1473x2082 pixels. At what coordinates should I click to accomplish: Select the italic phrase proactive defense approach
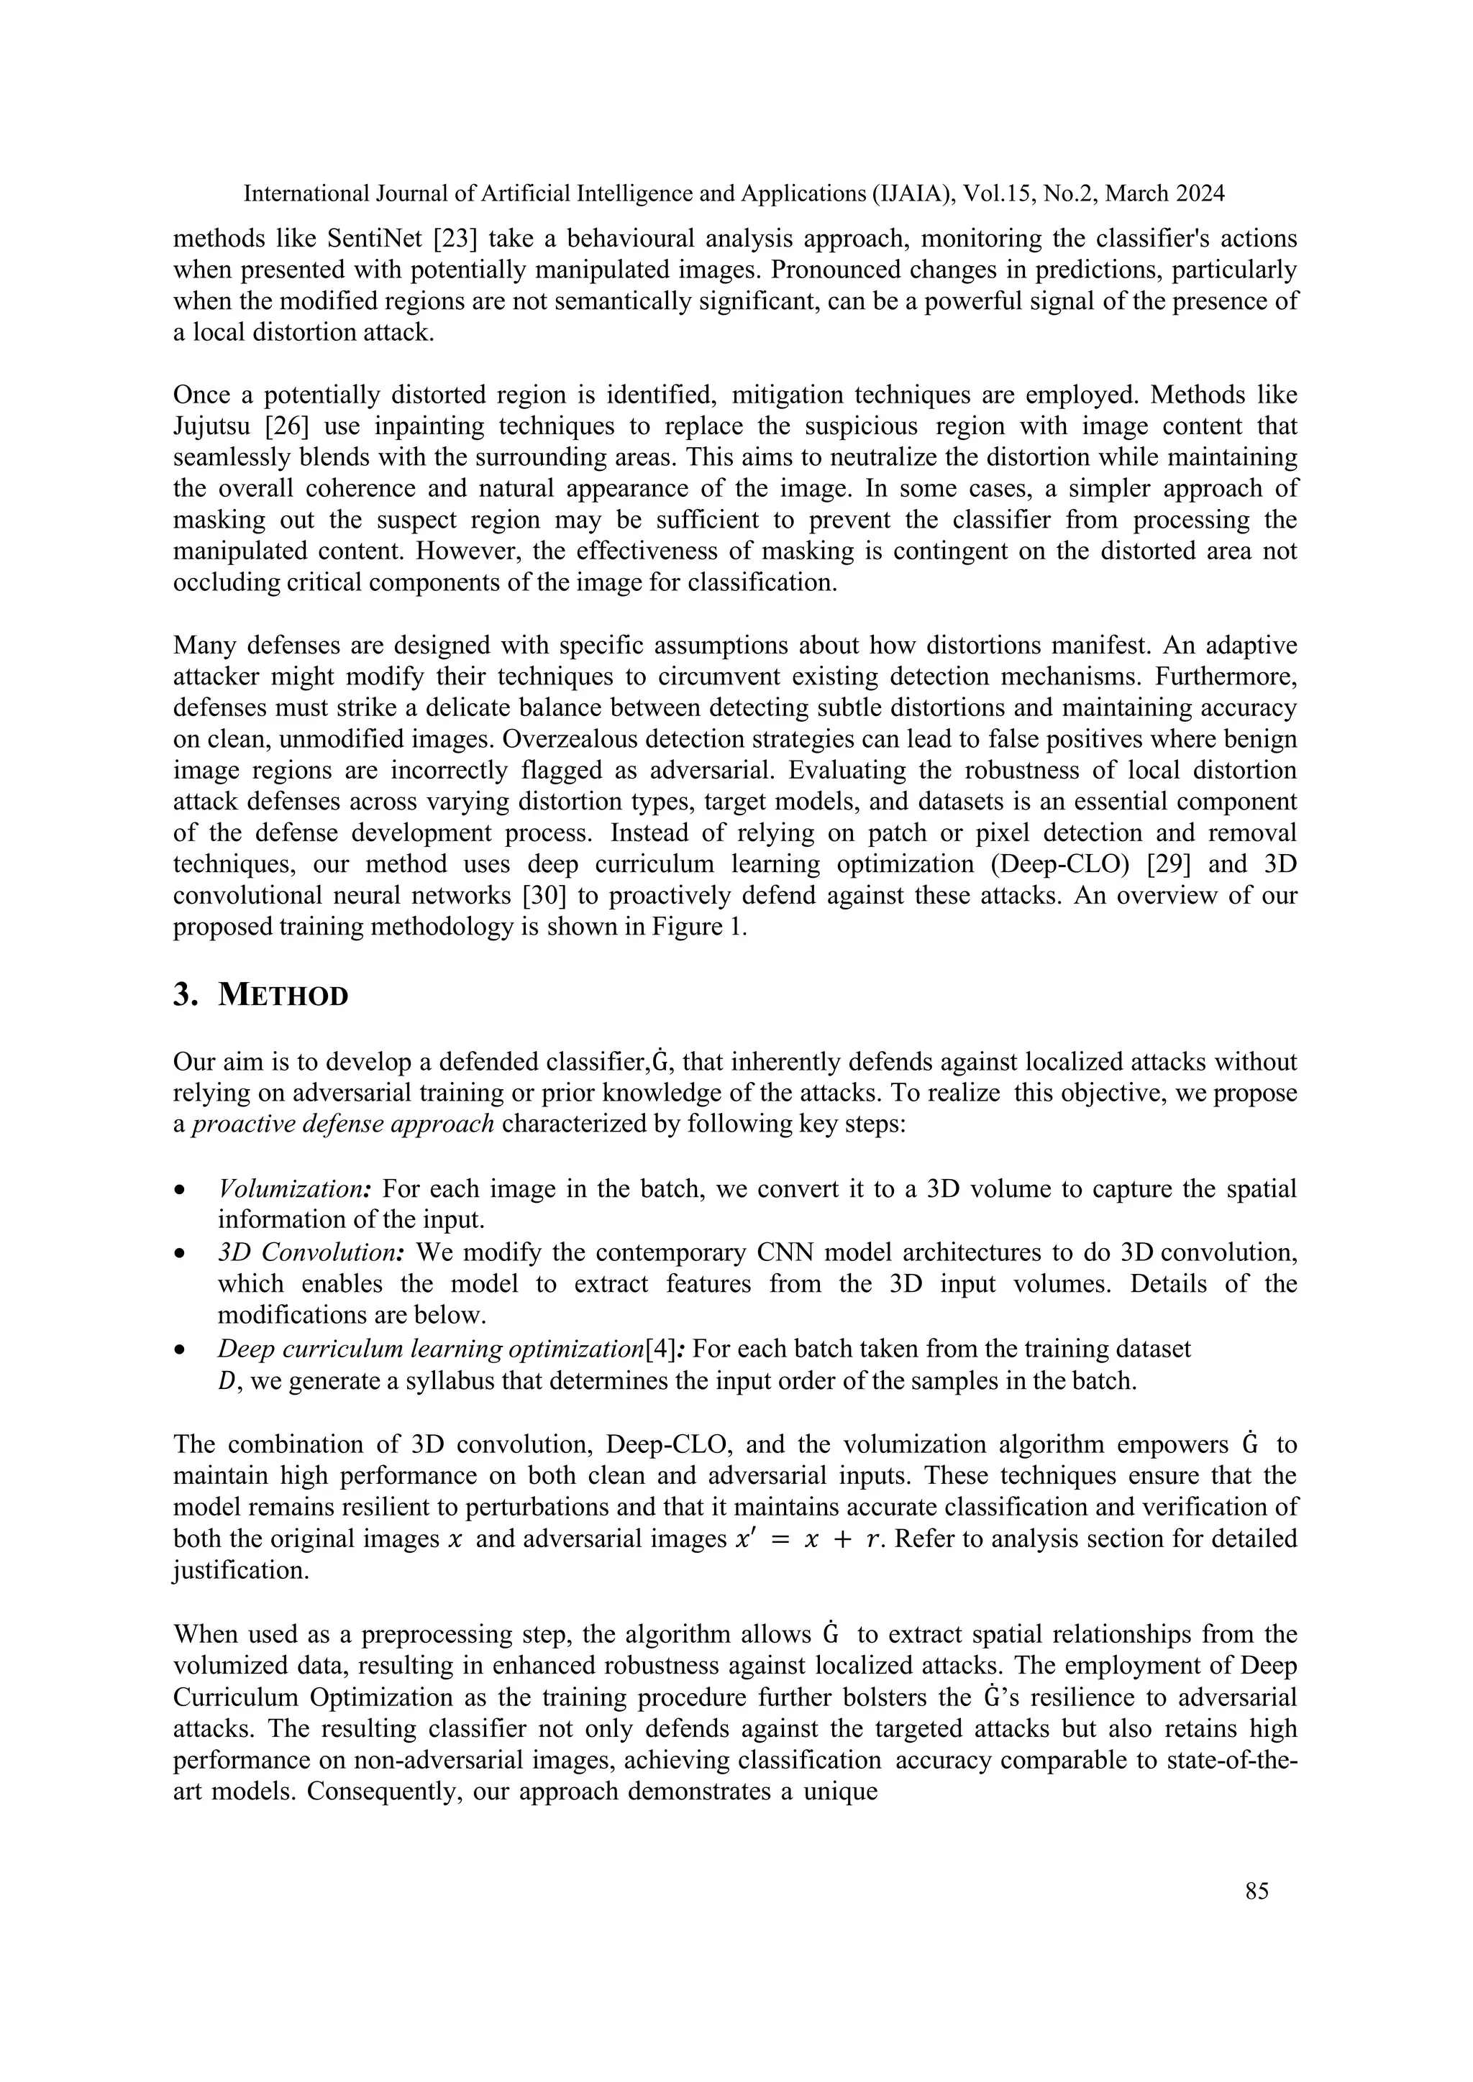point(344,1124)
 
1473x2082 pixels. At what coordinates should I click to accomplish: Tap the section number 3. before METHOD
point(184,996)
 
